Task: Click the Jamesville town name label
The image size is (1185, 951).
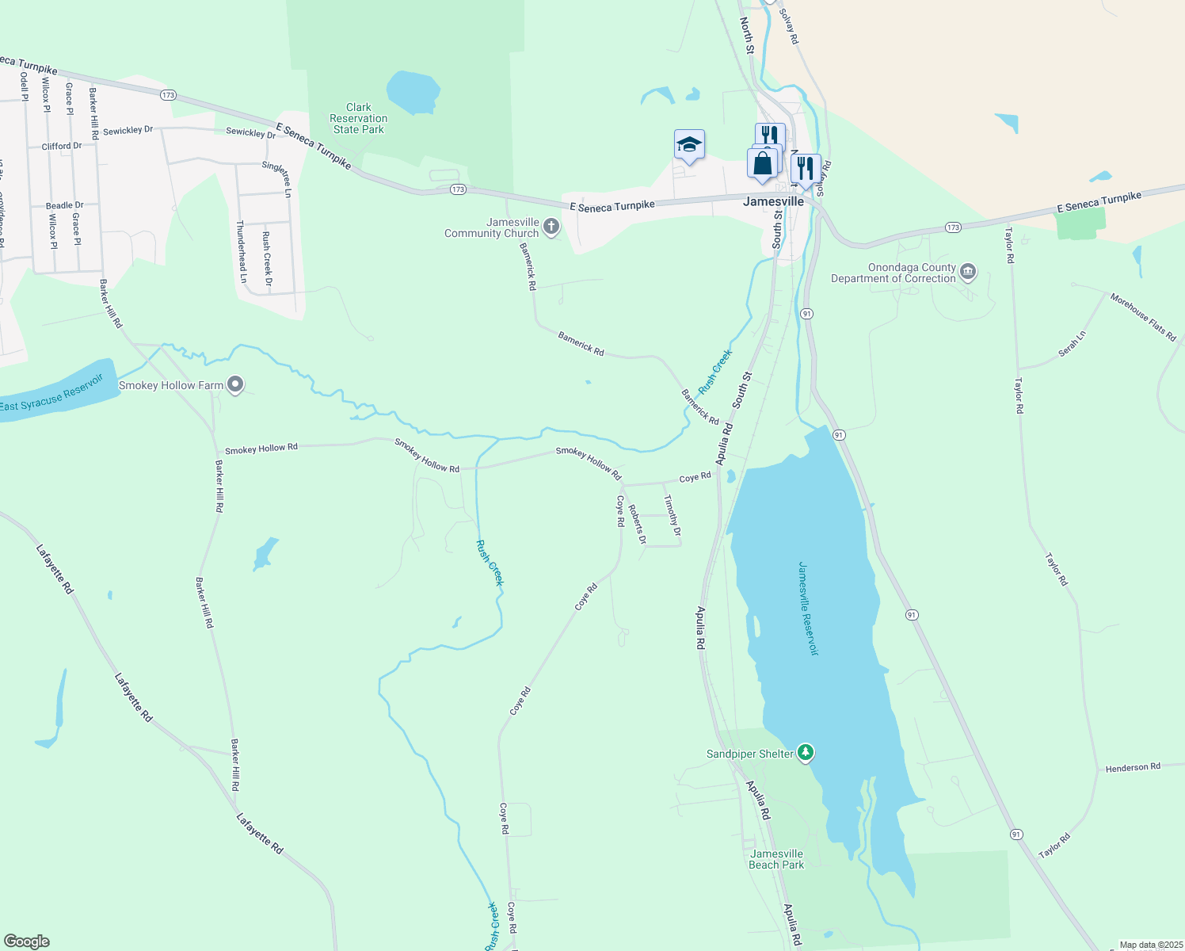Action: [773, 201]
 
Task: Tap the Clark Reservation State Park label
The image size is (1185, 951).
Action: [359, 118]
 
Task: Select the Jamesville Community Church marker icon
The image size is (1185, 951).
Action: [551, 227]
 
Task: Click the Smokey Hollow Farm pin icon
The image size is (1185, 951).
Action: [235, 385]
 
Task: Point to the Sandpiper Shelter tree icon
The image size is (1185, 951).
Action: [806, 753]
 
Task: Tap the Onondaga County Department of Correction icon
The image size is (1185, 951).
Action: [968, 273]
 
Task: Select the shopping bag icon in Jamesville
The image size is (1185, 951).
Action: [762, 164]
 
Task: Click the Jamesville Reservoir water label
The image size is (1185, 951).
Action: [808, 609]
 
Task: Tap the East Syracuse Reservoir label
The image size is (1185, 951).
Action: [51, 394]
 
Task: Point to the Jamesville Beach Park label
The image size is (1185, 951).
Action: [776, 859]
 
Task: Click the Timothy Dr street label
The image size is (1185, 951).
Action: [672, 515]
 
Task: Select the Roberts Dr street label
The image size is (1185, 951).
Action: [637, 524]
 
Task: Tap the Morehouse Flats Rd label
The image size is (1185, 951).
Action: [1142, 317]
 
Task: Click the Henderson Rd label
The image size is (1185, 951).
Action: [1132, 767]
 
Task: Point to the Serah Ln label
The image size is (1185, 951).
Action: [1072, 344]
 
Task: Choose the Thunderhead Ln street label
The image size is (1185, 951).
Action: [242, 252]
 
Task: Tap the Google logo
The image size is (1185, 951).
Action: [27, 941]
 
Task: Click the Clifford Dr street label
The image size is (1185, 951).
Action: [62, 146]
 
